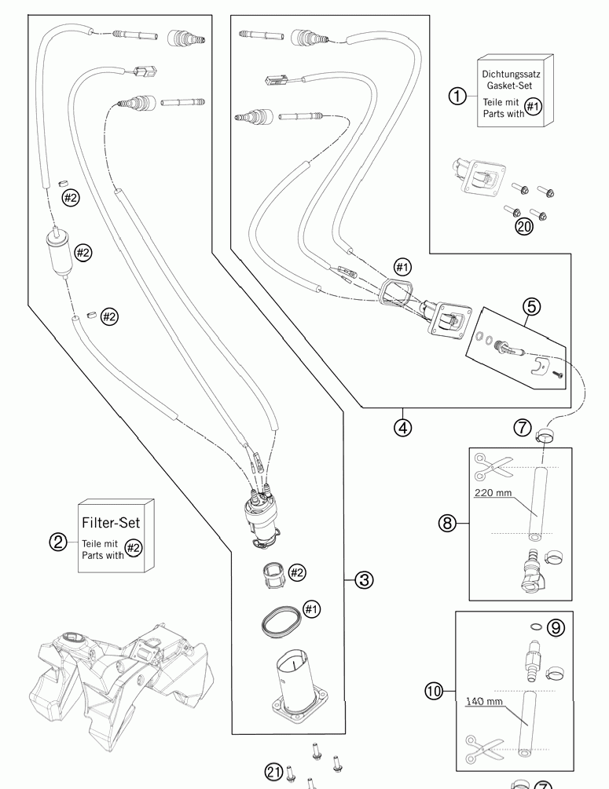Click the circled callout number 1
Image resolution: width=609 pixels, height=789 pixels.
click(x=457, y=96)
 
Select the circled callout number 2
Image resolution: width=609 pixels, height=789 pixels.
click(x=58, y=542)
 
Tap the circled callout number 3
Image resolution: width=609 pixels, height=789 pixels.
click(x=364, y=579)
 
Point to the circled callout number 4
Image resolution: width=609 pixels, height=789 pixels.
click(x=402, y=428)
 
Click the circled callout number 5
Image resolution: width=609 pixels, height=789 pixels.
click(x=532, y=306)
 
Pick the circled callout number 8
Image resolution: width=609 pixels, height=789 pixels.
click(x=447, y=524)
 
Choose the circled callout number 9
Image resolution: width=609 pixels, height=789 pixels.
click(x=556, y=627)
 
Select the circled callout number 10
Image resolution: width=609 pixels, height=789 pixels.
click(x=434, y=691)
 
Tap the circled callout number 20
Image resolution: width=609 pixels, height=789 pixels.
click(x=524, y=226)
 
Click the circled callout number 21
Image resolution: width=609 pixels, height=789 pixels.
click(x=273, y=772)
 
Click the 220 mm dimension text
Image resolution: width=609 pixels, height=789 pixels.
click(x=493, y=492)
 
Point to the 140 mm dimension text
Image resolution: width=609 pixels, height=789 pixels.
click(x=484, y=701)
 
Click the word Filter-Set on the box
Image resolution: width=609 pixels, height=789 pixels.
click(x=111, y=522)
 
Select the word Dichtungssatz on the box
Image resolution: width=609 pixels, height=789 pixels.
click(x=512, y=74)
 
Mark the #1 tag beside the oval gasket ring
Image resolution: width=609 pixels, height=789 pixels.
click(x=311, y=609)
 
